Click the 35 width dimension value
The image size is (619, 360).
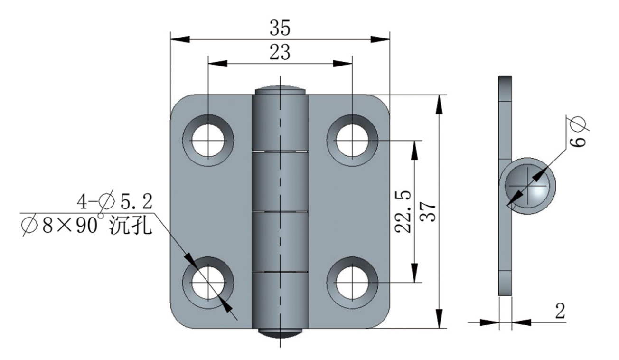point(280,28)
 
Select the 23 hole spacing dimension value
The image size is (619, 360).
point(280,52)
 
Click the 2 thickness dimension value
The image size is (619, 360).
point(560,311)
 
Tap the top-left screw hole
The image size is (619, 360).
point(208,140)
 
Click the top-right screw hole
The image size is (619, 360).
point(352,140)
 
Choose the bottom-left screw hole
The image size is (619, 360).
point(208,283)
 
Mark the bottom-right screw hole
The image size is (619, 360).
point(352,283)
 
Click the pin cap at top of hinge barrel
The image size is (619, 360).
point(280,90)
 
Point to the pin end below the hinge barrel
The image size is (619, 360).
point(280,333)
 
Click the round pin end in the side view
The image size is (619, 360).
point(527,186)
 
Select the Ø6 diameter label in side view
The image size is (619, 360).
point(578,133)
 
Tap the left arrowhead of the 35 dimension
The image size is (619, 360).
point(180,39)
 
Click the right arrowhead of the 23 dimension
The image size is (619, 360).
point(343,63)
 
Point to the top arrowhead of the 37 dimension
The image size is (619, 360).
point(439,104)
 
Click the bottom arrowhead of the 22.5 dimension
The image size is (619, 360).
point(414,273)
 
